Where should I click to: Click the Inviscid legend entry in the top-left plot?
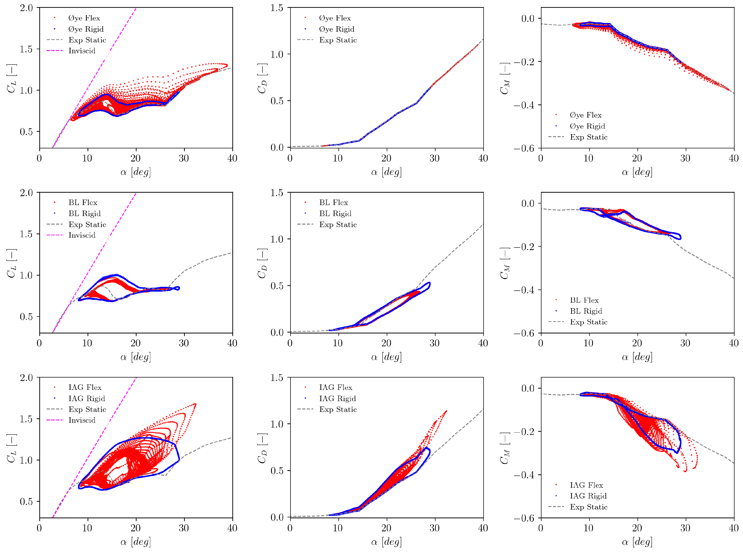coord(82,51)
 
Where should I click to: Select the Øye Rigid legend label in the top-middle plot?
coord(336,29)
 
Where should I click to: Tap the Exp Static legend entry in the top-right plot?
coord(589,137)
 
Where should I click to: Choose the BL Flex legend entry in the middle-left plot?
coord(83,203)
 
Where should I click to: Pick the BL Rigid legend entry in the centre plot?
coord(335,214)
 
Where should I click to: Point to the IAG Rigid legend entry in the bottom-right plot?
coord(588,496)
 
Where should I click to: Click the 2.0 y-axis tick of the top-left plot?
coord(26,8)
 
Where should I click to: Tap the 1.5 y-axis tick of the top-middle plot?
coord(277,8)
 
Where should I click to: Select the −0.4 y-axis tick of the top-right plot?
coord(524,105)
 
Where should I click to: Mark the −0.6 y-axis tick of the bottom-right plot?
coord(524,518)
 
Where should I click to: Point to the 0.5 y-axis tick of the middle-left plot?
coord(26,316)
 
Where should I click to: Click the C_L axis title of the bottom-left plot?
coord(12,448)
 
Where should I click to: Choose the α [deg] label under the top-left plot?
coord(136,172)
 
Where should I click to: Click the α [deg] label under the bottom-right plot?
coord(637,542)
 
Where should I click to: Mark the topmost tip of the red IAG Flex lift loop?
coord(195,404)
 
